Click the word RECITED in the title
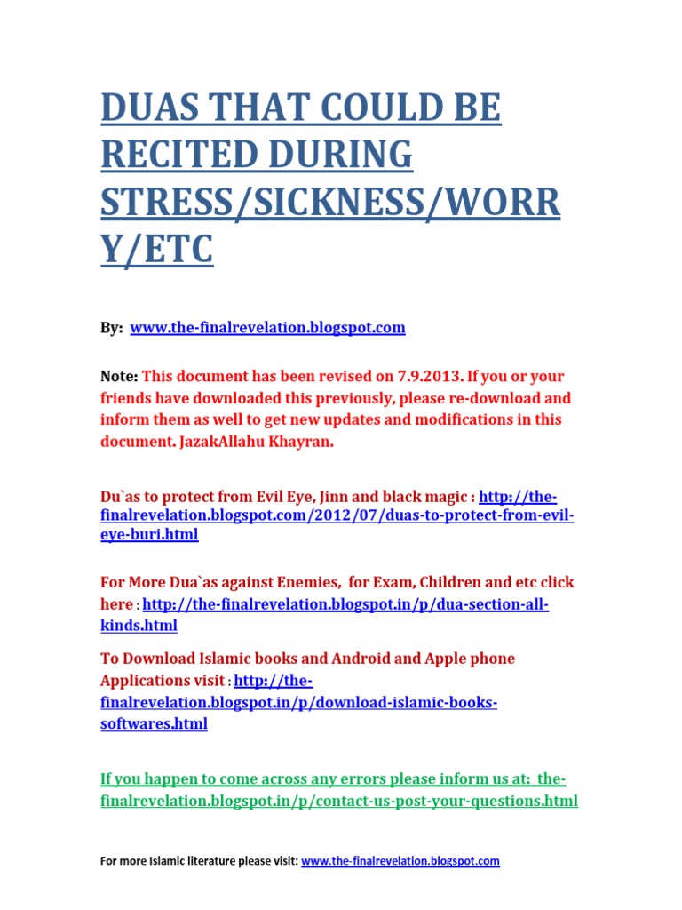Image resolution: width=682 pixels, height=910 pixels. tap(172, 156)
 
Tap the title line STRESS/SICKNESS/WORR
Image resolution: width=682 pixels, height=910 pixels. tap(330, 202)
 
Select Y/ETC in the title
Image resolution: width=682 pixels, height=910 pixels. tap(157, 248)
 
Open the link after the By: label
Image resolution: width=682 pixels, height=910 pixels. tap(267, 328)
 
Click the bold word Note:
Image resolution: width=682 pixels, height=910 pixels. tap(119, 377)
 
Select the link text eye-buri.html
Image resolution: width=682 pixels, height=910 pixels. tap(149, 535)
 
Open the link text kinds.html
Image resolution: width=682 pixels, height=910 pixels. tap(139, 626)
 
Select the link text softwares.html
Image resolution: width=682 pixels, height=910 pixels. tap(154, 723)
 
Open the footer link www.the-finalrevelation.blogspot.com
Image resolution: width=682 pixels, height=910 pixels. tap(400, 861)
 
